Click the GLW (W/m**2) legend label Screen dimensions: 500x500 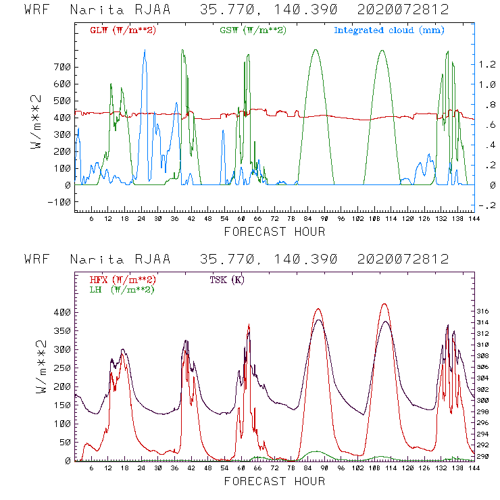[x=123, y=30]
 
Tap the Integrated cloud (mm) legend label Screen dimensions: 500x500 [x=389, y=30]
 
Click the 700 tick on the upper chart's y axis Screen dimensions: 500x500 [x=61, y=67]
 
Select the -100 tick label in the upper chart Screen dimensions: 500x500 [x=59, y=202]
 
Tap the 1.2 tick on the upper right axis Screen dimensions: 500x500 [x=487, y=64]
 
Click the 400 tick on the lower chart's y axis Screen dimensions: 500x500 [x=61, y=312]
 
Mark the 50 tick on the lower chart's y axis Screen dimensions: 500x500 [x=64, y=442]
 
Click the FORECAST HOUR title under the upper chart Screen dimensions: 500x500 [x=274, y=232]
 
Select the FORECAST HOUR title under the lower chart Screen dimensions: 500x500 [x=274, y=482]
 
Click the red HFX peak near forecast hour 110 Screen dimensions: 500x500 [x=384, y=304]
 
